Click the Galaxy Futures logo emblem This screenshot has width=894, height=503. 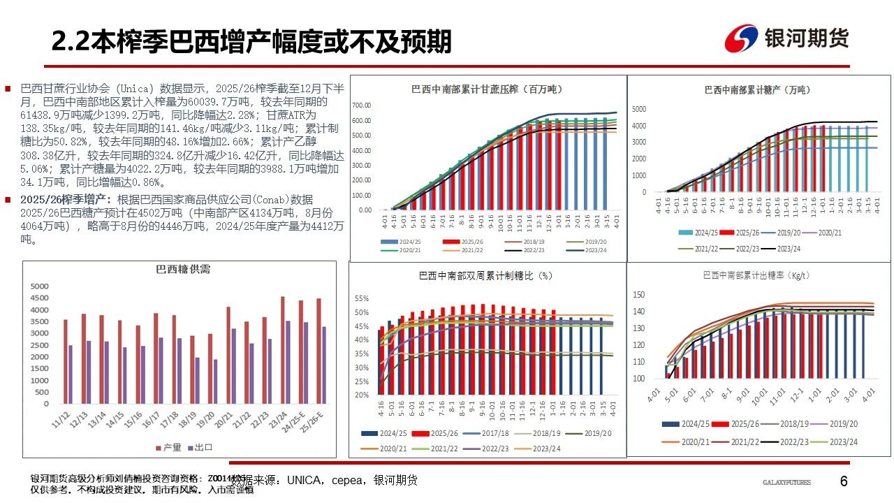(740, 38)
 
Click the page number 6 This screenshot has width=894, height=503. (844, 481)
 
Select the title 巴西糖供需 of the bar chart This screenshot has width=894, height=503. (182, 270)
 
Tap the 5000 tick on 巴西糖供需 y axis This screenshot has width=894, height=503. (39, 286)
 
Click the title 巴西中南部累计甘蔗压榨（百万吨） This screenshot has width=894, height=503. (486, 89)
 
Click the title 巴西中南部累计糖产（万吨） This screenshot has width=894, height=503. (757, 89)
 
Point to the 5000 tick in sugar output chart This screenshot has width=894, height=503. (640, 109)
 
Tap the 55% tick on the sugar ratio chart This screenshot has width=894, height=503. (361, 298)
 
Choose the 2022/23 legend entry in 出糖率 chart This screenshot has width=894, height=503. (793, 442)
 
